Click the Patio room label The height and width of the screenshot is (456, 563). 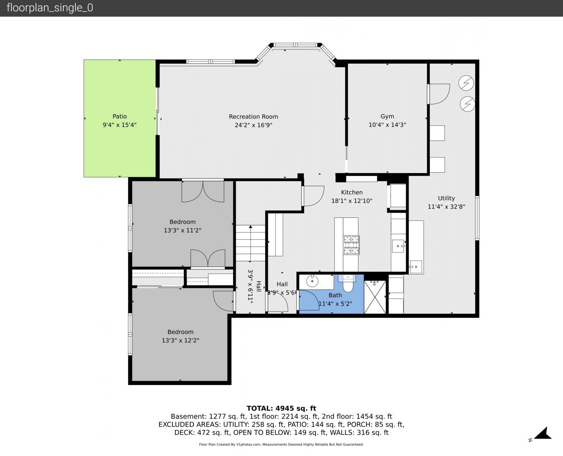click(x=120, y=117)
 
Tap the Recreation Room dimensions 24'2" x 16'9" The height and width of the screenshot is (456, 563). click(x=253, y=125)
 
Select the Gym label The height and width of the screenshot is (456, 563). click(x=387, y=117)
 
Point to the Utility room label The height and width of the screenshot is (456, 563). click(x=447, y=198)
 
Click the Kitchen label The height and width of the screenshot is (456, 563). click(x=352, y=193)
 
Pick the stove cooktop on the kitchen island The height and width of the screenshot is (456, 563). click(x=351, y=245)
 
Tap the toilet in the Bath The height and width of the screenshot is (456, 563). click(x=348, y=283)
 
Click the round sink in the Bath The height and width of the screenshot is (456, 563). click(x=312, y=281)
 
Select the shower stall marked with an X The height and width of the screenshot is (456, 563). click(x=375, y=297)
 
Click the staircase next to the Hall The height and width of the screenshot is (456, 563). click(x=251, y=243)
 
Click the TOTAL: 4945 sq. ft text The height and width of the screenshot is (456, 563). click(x=281, y=408)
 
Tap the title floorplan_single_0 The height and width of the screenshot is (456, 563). click(x=50, y=8)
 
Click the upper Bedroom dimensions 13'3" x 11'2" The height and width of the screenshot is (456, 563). click(x=182, y=230)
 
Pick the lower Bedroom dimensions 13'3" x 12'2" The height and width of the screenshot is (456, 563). click(x=180, y=340)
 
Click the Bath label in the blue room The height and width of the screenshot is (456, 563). click(x=335, y=295)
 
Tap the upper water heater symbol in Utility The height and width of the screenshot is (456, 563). click(x=466, y=83)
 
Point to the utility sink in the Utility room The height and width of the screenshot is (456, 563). click(x=416, y=267)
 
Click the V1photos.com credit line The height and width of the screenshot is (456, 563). click(x=281, y=444)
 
